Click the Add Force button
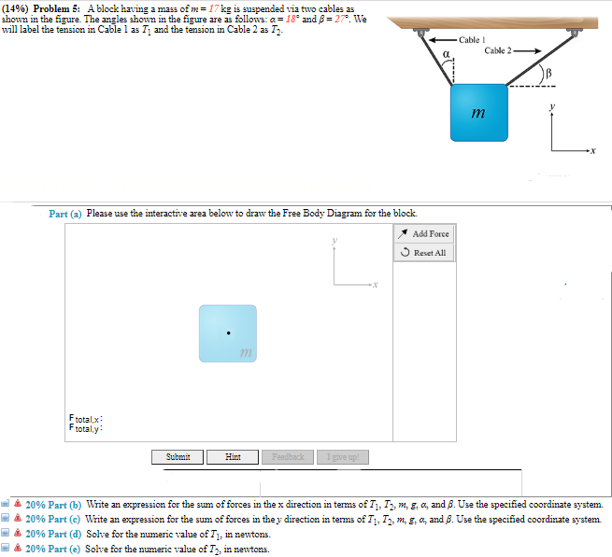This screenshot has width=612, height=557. (424, 234)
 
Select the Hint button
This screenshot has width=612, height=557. (234, 456)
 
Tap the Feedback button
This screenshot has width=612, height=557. (289, 456)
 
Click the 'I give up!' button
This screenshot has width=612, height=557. (343, 456)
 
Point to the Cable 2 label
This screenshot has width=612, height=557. (500, 49)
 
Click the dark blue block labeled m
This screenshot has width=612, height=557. (479, 115)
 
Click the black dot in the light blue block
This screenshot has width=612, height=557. (227, 332)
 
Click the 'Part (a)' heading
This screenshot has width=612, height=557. (65, 214)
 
